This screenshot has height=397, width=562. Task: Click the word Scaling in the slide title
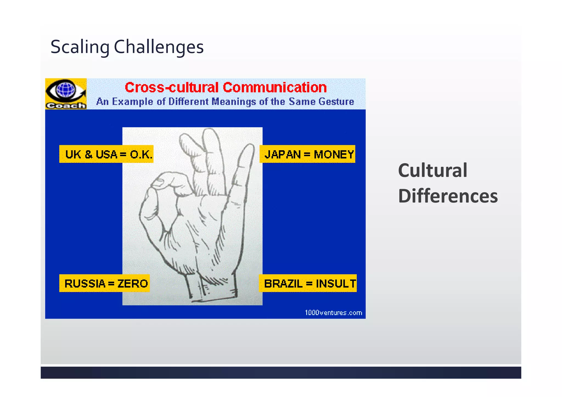pos(80,47)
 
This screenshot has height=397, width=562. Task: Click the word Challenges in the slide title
pos(159,47)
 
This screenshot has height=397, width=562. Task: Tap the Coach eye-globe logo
pos(66,94)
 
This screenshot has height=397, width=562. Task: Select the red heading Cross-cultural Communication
pos(226,88)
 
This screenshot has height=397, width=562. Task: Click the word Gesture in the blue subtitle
pos(336,102)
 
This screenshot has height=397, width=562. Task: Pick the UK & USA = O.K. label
pos(106,154)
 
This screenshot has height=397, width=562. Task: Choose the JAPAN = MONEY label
pos(308,154)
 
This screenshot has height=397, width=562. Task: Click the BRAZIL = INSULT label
pos(308,283)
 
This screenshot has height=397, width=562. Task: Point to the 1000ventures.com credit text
pos(333,313)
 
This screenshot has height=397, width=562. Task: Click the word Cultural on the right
pos(432,170)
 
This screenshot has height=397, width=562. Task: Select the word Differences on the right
pos(448,196)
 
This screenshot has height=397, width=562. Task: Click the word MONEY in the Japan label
pos(334,154)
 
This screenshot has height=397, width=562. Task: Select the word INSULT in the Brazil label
pos(336,283)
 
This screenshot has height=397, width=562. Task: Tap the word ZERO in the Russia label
pos(133,283)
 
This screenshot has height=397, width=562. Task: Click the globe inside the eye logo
pos(66,90)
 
